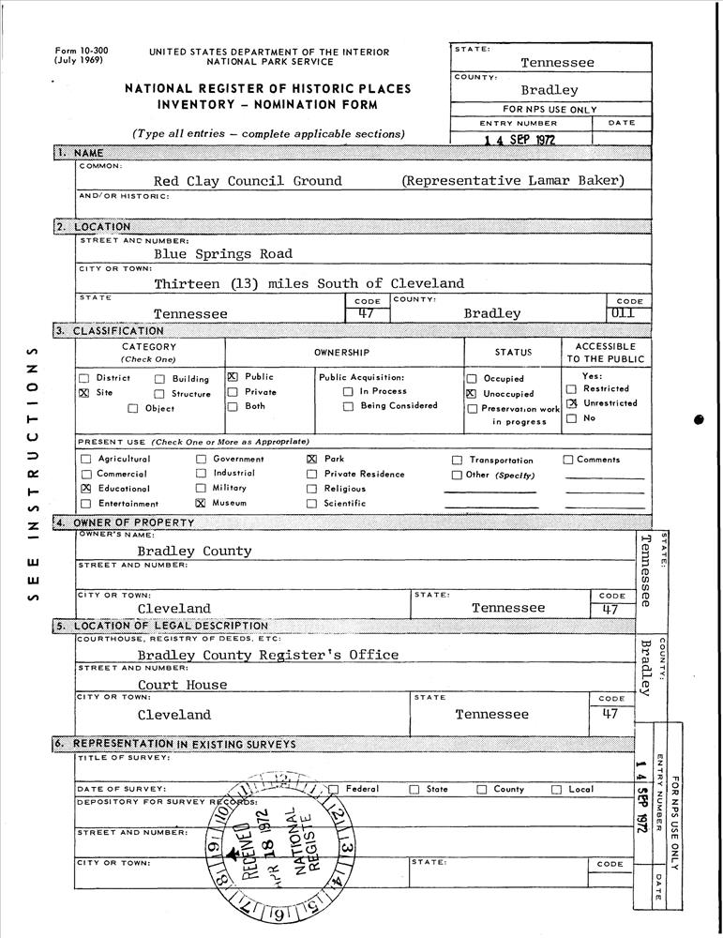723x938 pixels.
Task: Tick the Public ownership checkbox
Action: click(x=233, y=377)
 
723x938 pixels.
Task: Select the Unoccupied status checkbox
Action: click(x=471, y=394)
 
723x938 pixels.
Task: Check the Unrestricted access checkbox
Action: click(x=571, y=403)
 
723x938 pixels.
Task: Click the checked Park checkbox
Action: click(x=311, y=460)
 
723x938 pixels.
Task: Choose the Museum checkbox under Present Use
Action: click(x=201, y=503)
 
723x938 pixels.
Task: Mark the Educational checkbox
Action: click(x=86, y=489)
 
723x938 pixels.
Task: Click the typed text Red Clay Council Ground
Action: click(x=248, y=181)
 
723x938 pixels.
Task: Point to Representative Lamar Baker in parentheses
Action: click(x=512, y=181)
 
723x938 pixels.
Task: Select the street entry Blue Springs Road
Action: click(x=223, y=253)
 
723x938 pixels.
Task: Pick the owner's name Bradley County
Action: click(x=194, y=551)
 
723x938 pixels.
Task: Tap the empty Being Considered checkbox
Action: click(x=348, y=406)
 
